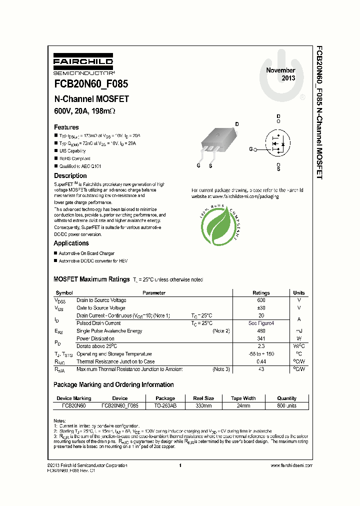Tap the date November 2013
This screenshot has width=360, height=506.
coord(280,74)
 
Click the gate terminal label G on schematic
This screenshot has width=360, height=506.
coord(251,149)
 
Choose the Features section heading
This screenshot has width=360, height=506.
coord(66,127)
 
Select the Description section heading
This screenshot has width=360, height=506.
coord(70,175)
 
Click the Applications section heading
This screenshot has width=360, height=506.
coord(71,243)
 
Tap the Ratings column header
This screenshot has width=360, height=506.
coord(261,293)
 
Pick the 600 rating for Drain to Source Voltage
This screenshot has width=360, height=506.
coord(261,300)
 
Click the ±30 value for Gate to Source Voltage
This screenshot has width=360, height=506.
coord(261,308)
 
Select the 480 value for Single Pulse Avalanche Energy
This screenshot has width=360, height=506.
coord(261,331)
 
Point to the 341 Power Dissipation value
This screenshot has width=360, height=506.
coord(261,338)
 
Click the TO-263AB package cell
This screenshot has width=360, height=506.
coord(163,406)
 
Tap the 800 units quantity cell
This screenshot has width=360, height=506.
coord(287,406)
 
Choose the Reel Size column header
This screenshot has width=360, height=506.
coord(202,398)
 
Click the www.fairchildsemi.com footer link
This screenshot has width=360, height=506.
coord(291,465)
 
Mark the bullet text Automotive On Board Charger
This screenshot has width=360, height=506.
coord(86,253)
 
